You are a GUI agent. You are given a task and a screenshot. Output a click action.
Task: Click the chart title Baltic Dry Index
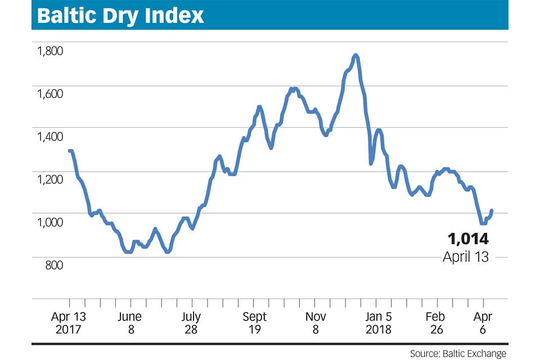[x=120, y=15]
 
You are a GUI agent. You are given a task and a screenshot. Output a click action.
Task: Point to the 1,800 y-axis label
[x=50, y=51]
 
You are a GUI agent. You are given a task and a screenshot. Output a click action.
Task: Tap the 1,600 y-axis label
[x=50, y=94]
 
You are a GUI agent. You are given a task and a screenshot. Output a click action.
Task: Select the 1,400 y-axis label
[x=50, y=137]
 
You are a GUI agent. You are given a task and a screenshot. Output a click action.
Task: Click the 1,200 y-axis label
[x=50, y=179]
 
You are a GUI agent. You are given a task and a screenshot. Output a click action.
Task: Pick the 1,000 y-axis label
[x=50, y=222]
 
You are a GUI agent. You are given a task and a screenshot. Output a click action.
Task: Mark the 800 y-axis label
[x=55, y=265]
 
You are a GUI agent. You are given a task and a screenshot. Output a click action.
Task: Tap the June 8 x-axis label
[x=130, y=323]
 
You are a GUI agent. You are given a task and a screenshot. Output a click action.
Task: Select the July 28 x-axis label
[x=192, y=323]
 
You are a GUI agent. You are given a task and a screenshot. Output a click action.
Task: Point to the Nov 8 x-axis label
[x=315, y=323]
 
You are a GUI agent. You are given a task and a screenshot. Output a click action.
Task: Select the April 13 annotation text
[x=465, y=256]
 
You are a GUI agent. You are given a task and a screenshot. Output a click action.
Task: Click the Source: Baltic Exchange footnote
[x=458, y=354]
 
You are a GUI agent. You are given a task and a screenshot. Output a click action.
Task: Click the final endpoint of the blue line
[x=492, y=210]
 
